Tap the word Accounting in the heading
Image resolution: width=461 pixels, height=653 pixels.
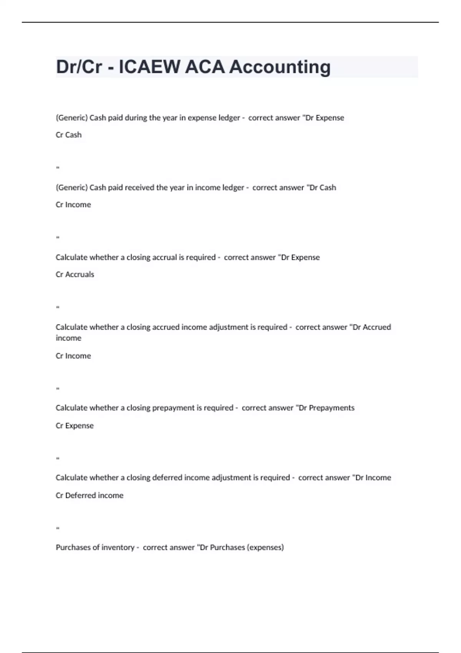point(280,67)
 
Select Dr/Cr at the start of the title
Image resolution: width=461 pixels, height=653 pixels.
point(79,67)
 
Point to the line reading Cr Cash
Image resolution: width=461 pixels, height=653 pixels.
point(69,135)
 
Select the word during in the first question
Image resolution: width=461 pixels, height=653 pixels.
point(137,118)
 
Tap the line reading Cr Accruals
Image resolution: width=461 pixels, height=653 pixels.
point(75,274)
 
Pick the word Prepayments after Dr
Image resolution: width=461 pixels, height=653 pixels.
point(332,408)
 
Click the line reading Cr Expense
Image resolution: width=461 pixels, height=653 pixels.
point(75,426)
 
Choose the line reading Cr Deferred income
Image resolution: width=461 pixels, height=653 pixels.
point(90,496)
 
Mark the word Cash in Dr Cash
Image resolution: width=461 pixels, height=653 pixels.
point(328,187)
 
